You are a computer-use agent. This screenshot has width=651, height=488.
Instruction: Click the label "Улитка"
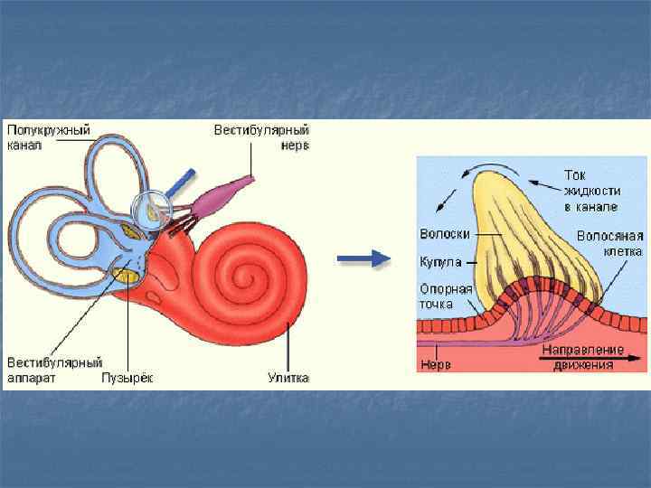pos(288,378)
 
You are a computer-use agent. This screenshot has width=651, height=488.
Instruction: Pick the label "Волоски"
pos(445,233)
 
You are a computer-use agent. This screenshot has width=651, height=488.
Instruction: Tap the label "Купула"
pos(440,262)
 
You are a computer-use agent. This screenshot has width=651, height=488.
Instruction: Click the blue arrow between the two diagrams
pos(363,259)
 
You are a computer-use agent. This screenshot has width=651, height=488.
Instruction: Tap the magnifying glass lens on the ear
pos(153,210)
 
